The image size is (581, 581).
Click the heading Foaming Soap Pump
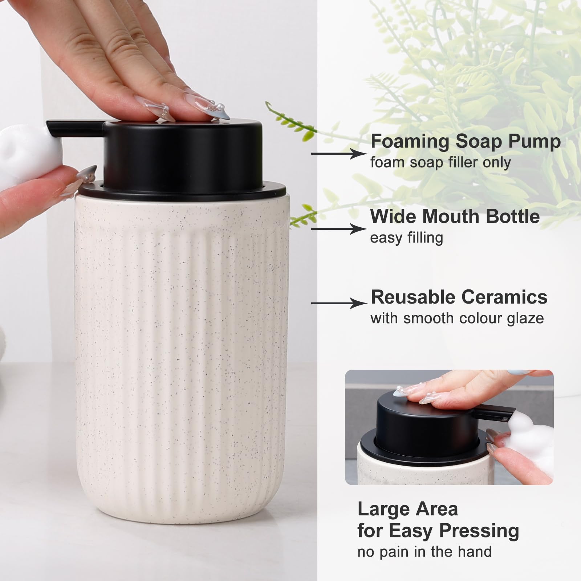coord(465,141)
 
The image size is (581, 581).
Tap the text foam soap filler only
coord(440,162)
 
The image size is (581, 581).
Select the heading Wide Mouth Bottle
coord(455,216)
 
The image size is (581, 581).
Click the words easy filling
coord(406,238)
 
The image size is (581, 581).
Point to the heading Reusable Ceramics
coord(459,297)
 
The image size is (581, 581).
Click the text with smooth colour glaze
coord(457,318)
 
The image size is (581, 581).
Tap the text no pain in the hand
coord(424,552)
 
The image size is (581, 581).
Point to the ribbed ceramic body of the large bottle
coord(182,363)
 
